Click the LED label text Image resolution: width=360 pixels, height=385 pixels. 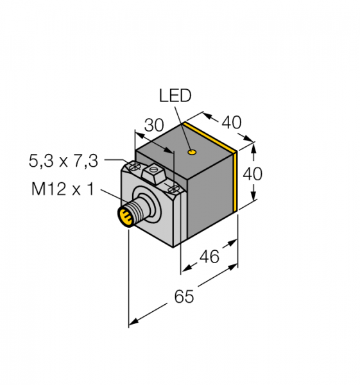pyautogui.click(x=175, y=96)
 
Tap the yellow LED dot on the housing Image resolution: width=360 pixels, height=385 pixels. pyautogui.click(x=192, y=152)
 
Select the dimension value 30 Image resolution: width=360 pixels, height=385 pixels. pyautogui.click(x=154, y=125)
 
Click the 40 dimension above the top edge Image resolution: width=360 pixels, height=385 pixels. pyautogui.click(x=232, y=123)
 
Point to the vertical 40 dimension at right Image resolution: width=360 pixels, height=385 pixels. pyautogui.click(x=252, y=174)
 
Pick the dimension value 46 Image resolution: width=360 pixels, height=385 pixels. pyautogui.click(x=209, y=257)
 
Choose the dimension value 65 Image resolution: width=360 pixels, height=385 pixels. pyautogui.click(x=184, y=296)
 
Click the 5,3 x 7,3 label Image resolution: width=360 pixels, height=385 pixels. pyautogui.click(x=64, y=161)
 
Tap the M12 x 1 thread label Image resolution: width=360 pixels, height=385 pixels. pyautogui.click(x=63, y=189)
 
